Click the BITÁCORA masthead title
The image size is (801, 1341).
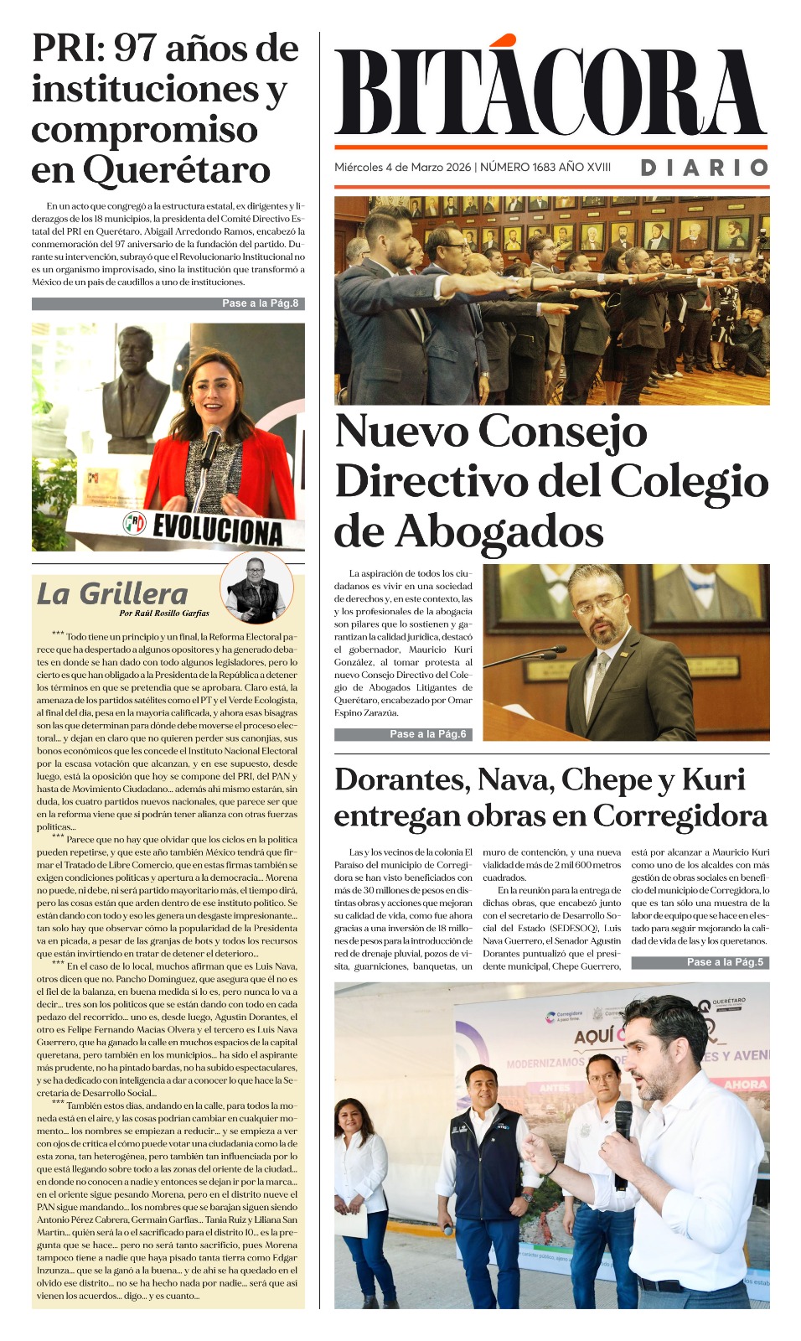click(x=550, y=92)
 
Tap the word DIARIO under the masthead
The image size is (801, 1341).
click(x=704, y=168)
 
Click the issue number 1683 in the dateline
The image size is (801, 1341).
click(x=544, y=167)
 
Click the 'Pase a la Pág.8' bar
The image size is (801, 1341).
click(x=260, y=303)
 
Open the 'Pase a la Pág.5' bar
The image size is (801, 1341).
click(x=725, y=962)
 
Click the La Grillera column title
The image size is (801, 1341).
click(x=112, y=594)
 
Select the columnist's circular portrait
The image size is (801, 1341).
click(x=256, y=588)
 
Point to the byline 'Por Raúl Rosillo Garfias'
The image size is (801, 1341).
click(x=164, y=613)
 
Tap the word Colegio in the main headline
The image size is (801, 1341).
click(x=689, y=481)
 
